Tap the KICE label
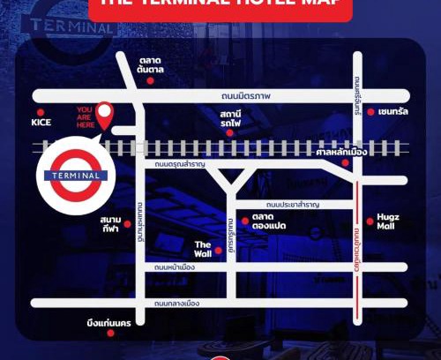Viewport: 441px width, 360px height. pyautogui.click(x=42, y=123)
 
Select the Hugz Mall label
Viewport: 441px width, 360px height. pyautogui.click(x=388, y=221)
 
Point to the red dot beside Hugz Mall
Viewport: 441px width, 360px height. pyautogui.click(x=370, y=221)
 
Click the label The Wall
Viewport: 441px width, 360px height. pyautogui.click(x=203, y=249)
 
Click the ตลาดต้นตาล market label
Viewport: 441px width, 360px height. pyautogui.click(x=151, y=64)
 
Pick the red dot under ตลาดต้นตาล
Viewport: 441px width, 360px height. pyautogui.click(x=151, y=80)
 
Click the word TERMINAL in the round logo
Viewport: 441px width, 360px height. pyautogui.click(x=75, y=176)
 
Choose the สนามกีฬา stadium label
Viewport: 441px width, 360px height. pyautogui.click(x=110, y=223)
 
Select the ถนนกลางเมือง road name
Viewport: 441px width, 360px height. pyautogui.click(x=178, y=304)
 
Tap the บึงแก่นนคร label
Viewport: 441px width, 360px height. pyautogui.click(x=109, y=323)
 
